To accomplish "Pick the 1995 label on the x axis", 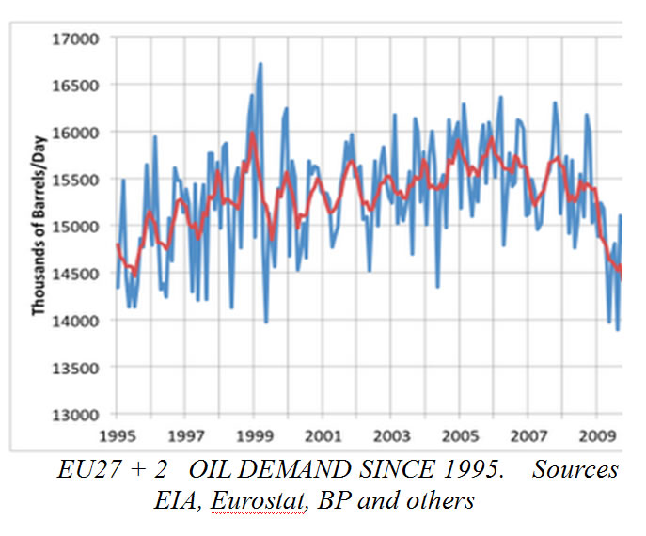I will tap(117, 436).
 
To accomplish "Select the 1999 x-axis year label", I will tap(254, 436).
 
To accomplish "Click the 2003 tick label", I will tap(391, 436).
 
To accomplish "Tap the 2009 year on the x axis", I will tap(597, 436).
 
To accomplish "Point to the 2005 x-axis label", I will tap(460, 436).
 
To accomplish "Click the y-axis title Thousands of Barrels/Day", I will tap(40, 227).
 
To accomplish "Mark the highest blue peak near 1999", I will tap(260, 64).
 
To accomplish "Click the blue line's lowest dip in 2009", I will tap(618, 329).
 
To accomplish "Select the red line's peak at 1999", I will tap(252, 134).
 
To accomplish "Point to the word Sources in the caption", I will tap(575, 470).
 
